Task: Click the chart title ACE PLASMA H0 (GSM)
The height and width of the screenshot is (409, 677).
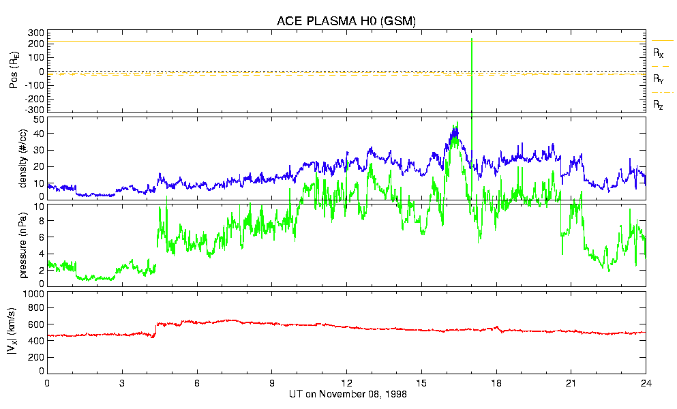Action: (346, 21)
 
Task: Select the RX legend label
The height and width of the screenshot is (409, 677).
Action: (658, 52)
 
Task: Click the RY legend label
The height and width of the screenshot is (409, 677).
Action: (658, 79)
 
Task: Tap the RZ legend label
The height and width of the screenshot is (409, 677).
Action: (658, 105)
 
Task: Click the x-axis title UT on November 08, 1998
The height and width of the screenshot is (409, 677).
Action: (346, 395)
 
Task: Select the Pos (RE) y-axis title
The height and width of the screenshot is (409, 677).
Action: (14, 70)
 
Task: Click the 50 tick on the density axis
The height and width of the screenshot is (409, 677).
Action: (39, 120)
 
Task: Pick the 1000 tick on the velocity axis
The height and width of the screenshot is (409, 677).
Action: (34, 294)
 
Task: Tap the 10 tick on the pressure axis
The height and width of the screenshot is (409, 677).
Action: (39, 206)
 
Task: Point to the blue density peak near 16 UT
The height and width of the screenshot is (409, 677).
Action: (454, 130)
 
